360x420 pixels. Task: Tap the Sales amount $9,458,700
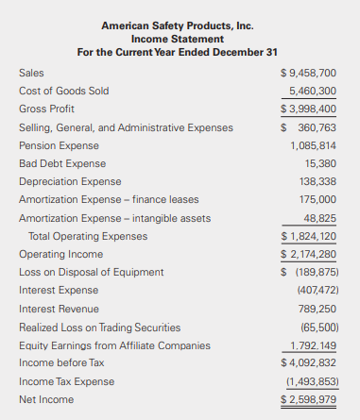pos(309,73)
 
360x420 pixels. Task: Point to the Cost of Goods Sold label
pos(64,91)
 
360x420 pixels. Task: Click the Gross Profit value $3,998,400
pos(309,109)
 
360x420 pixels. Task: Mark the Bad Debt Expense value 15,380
pos(320,163)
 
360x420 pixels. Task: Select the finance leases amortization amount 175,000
pos(317,199)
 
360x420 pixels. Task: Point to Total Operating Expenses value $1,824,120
pos(309,236)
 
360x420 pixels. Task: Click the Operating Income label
pos(60,254)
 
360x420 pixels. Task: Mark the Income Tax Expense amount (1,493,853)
pos(311,381)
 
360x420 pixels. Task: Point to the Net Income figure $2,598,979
pos(309,399)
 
